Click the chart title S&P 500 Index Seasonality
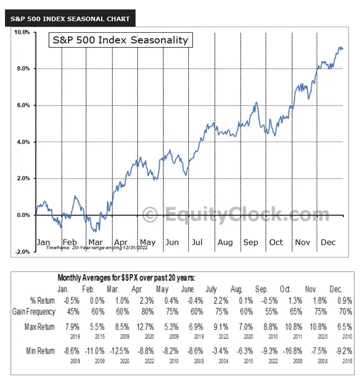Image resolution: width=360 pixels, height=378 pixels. [x=120, y=40]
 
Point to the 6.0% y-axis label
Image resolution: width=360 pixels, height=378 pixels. [x=22, y=105]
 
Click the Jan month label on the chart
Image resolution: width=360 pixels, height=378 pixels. [x=44, y=242]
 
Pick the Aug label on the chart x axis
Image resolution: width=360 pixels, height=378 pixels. [x=225, y=242]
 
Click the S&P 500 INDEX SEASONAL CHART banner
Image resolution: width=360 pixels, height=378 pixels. [x=70, y=18]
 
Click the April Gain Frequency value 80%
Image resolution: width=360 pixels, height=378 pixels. [x=139, y=311]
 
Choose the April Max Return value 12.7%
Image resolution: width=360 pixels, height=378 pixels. [x=139, y=327]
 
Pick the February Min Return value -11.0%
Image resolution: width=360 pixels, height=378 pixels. [x=89, y=350]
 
